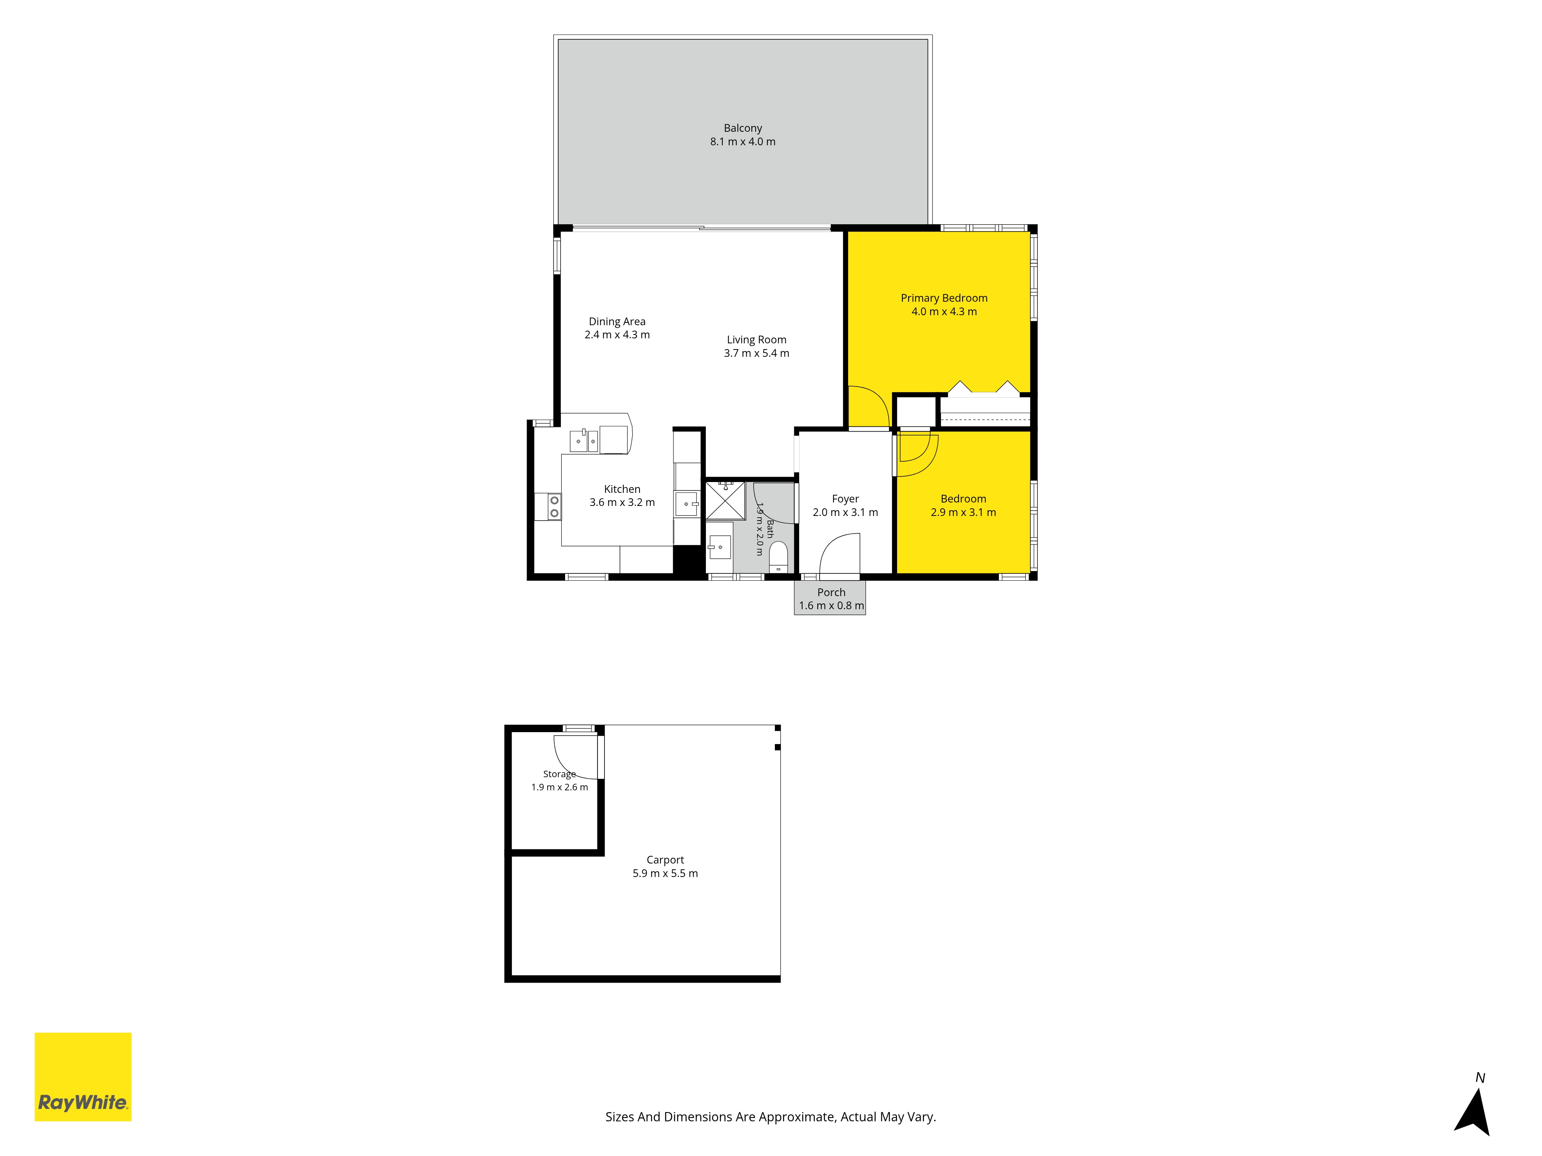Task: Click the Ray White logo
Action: tap(83, 1077)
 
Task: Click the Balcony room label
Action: tap(742, 128)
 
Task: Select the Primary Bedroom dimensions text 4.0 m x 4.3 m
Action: tap(944, 311)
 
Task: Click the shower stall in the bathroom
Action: tap(725, 500)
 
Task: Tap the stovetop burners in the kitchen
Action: tap(554, 507)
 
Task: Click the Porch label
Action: tap(831, 592)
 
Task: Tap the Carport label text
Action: tap(665, 860)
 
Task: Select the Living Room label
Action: tap(756, 339)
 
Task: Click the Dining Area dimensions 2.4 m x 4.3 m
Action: tap(617, 334)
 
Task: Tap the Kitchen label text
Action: tap(622, 489)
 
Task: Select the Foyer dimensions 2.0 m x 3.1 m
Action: tap(845, 512)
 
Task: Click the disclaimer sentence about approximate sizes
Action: tap(770, 1117)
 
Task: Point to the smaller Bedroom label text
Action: tap(963, 499)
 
